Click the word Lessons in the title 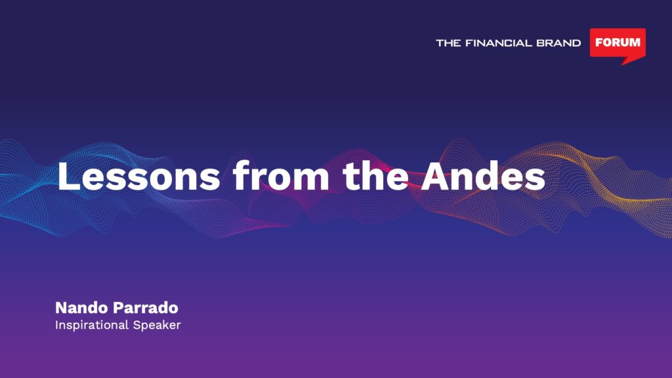tap(139, 176)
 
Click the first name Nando tap(82, 308)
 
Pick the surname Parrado tap(146, 308)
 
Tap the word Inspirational tap(92, 325)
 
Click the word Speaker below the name tap(157, 325)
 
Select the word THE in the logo tap(448, 43)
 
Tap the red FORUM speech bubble tap(618, 43)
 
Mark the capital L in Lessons tap(68, 176)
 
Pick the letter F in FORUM tap(599, 43)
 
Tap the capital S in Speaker tap(137, 325)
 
